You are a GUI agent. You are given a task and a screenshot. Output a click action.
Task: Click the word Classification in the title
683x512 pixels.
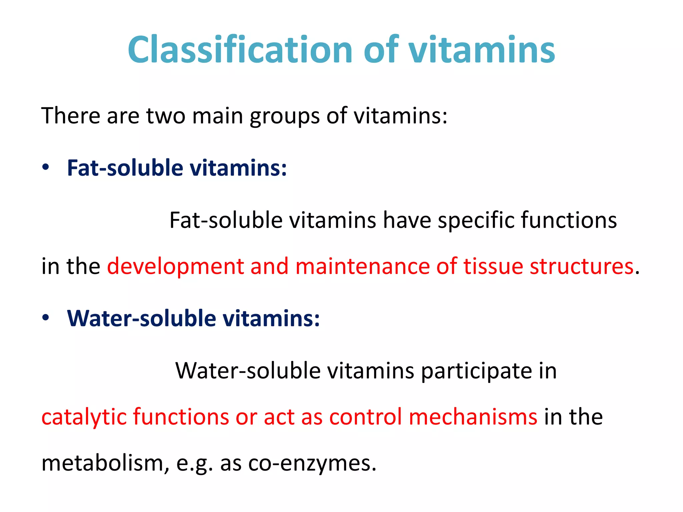[239, 50]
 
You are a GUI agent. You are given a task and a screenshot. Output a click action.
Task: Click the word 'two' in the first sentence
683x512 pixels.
[166, 116]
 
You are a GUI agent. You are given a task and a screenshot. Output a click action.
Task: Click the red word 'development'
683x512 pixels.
[175, 267]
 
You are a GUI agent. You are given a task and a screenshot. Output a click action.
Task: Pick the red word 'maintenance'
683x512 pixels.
[363, 267]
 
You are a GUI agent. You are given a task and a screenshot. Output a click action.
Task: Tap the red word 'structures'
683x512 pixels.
[582, 267]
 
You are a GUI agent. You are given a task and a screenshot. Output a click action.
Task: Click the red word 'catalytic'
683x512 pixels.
[84, 417]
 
